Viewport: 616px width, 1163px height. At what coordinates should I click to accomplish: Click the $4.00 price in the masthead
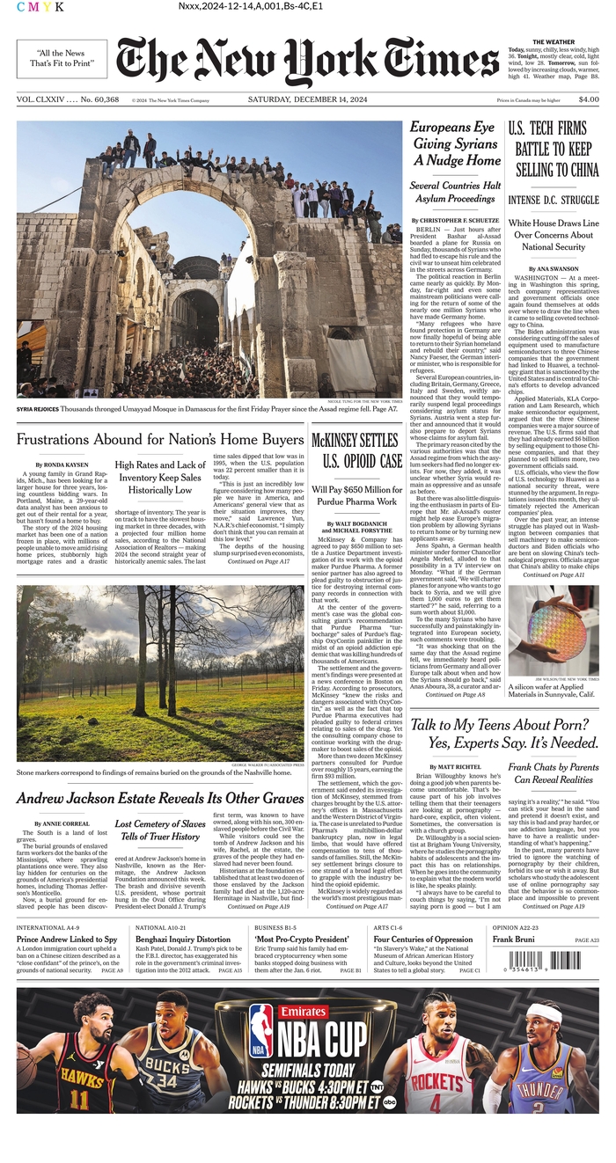pyautogui.click(x=589, y=101)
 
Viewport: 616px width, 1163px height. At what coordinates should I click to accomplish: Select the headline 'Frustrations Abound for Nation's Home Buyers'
pyautogui.click(x=159, y=438)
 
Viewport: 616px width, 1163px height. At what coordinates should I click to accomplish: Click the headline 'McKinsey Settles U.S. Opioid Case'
pyautogui.click(x=356, y=450)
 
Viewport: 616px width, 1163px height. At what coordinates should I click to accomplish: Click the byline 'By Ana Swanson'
pyautogui.click(x=553, y=268)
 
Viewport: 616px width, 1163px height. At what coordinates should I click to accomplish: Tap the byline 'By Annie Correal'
pyautogui.click(x=61, y=824)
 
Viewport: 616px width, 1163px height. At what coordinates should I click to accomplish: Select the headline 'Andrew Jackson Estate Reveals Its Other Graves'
pyautogui.click(x=159, y=799)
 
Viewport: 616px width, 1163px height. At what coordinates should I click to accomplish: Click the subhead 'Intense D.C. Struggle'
pyautogui.click(x=553, y=201)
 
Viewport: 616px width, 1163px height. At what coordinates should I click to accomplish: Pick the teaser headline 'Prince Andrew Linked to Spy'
pyautogui.click(x=67, y=939)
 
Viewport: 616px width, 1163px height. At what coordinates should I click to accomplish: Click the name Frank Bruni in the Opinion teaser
pyautogui.click(x=515, y=940)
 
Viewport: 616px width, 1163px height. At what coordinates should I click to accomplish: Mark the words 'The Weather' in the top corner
pyautogui.click(x=553, y=41)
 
